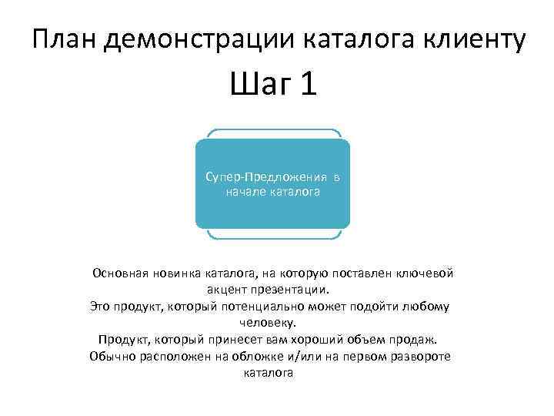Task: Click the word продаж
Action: [x=416, y=340]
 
